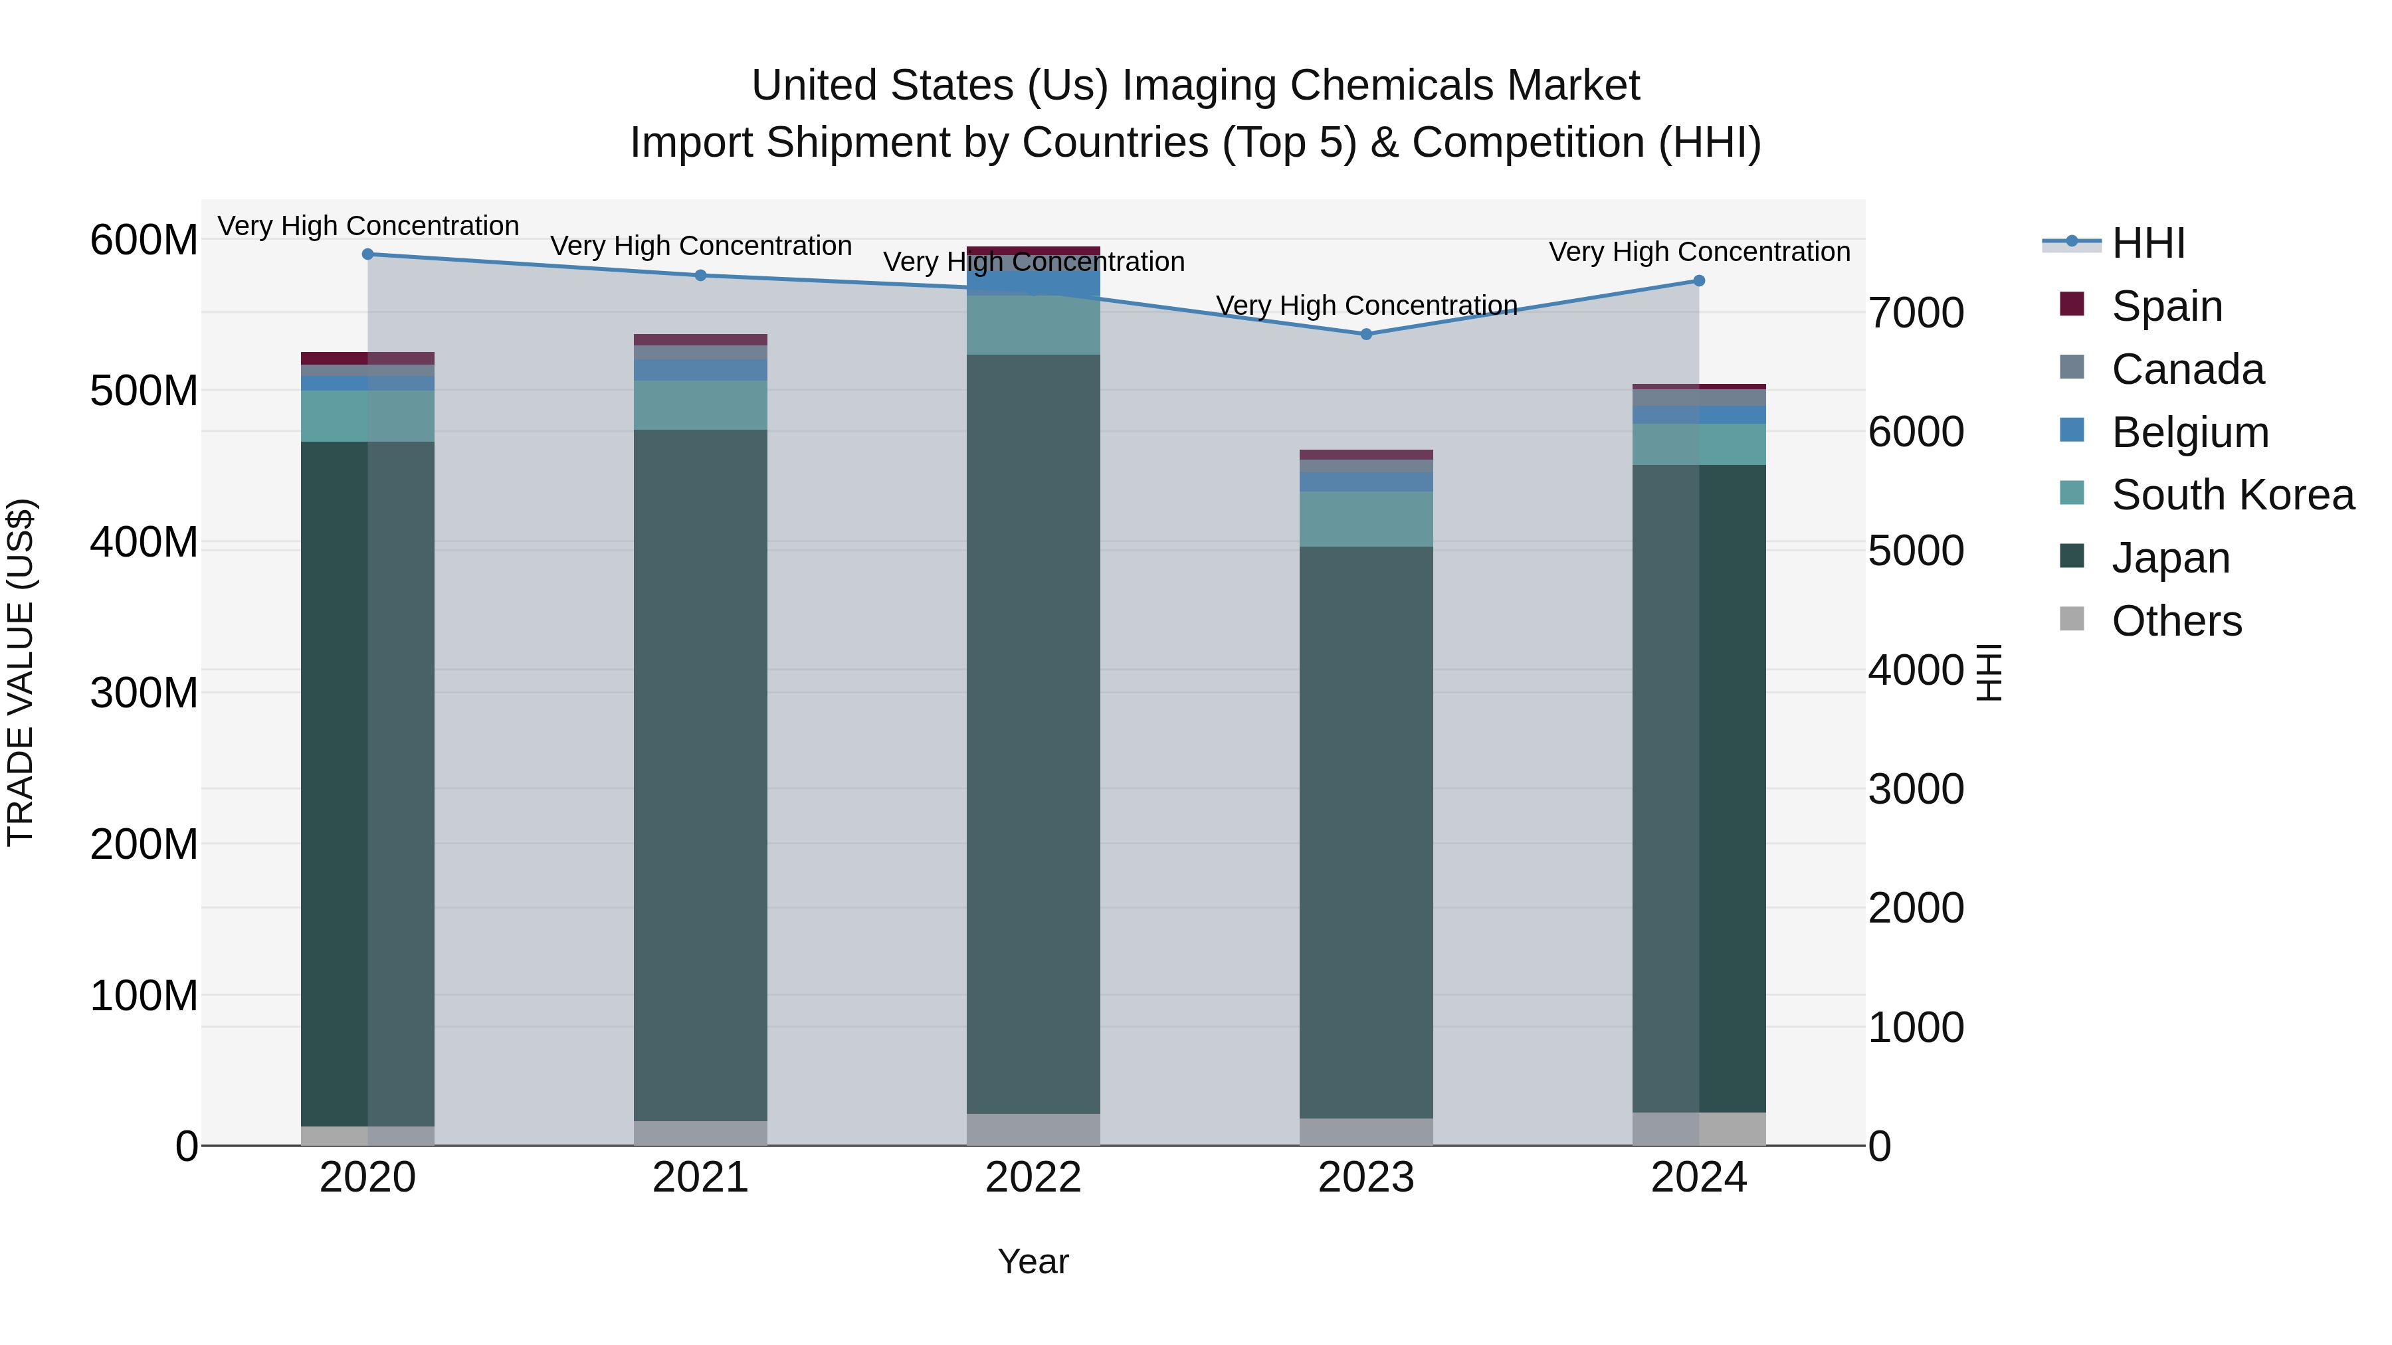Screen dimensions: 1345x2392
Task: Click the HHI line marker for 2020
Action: pos(367,254)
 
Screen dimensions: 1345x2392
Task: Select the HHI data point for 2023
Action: pos(1366,334)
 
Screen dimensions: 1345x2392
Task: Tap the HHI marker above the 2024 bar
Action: pos(1698,280)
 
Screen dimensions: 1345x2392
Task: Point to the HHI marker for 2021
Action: pos(700,275)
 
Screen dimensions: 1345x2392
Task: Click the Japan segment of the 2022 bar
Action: pos(1033,733)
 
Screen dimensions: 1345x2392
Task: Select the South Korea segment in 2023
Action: pos(1366,519)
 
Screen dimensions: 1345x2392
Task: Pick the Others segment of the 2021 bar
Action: pos(700,1132)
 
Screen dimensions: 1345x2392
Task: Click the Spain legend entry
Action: pos(2166,306)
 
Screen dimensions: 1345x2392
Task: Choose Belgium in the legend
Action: pos(2189,432)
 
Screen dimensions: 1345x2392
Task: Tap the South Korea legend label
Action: pos(2233,495)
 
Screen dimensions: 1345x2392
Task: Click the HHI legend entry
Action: pos(2147,243)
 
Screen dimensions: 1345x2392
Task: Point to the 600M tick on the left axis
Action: pos(144,240)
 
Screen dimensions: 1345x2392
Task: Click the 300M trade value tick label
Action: pos(144,693)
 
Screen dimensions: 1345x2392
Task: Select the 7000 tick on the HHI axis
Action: pos(1916,313)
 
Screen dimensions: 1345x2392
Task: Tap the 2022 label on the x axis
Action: pos(1033,1178)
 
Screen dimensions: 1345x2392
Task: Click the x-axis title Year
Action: pos(1033,1261)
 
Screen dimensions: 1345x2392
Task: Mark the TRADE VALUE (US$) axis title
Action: pos(21,672)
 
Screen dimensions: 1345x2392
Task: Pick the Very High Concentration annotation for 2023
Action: pos(1366,306)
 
